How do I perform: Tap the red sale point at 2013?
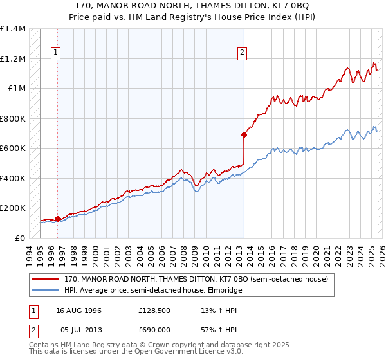[244, 134]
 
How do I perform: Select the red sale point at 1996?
[57, 219]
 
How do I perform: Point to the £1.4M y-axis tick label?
[13, 29]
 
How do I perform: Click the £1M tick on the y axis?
[17, 89]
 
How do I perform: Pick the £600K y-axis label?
[13, 148]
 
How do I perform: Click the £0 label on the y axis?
[21, 238]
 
